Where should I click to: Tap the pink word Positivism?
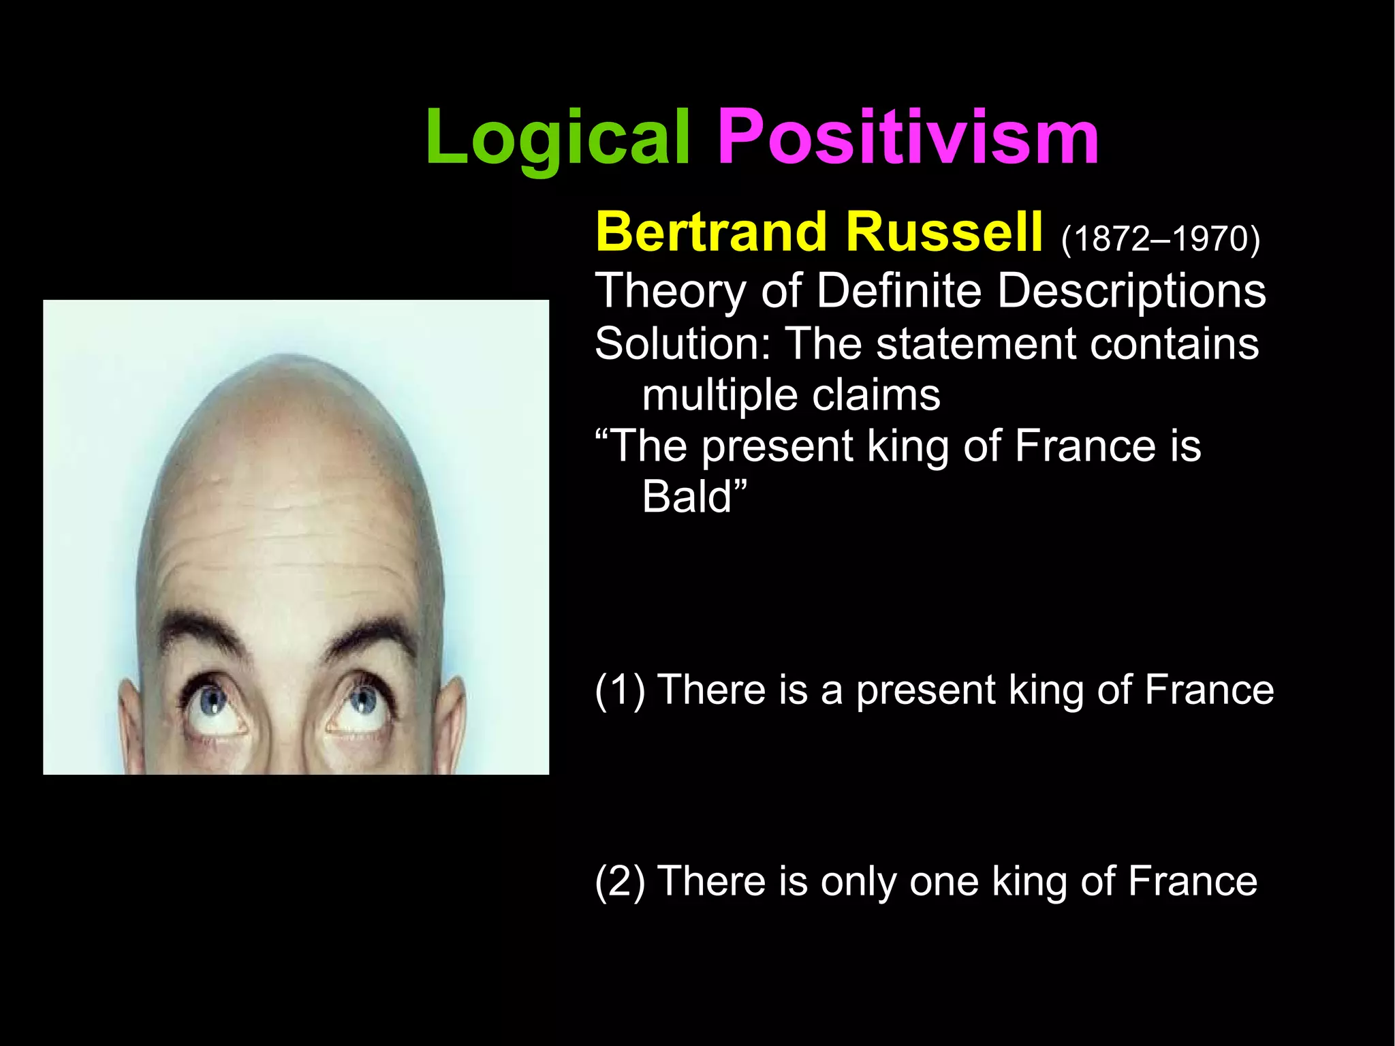[x=908, y=138]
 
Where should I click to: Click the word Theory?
[x=670, y=292]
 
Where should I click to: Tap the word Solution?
[x=683, y=343]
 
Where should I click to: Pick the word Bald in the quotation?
[x=687, y=497]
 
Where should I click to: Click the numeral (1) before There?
[x=620, y=690]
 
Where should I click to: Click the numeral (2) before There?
[x=620, y=882]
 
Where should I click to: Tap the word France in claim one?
[x=1209, y=690]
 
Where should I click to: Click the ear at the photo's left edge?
[x=129, y=722]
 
